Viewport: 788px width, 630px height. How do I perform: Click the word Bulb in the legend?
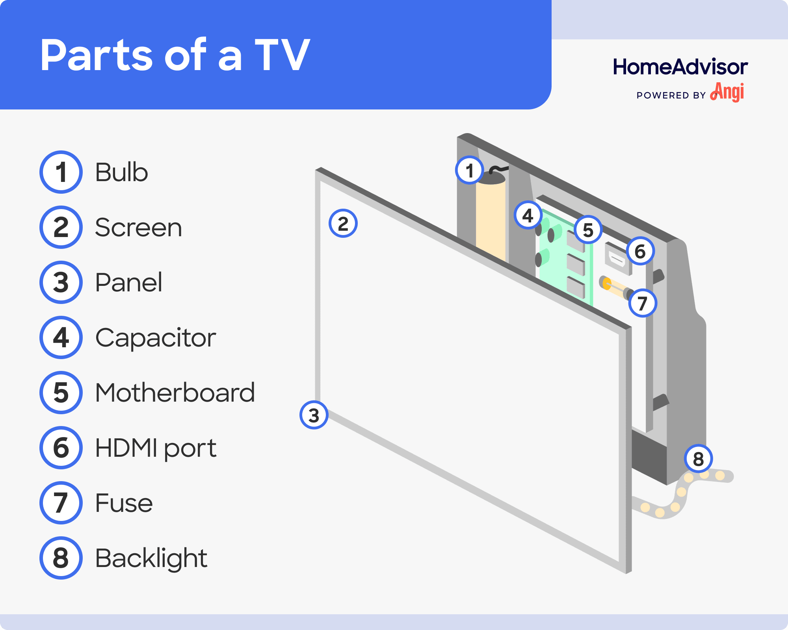pos(121,172)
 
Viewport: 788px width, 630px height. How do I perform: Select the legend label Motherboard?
pos(175,393)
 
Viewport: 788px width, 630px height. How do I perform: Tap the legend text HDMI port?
pos(156,448)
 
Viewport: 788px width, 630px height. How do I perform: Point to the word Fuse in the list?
pos(124,503)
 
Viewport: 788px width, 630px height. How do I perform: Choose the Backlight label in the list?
pos(151,558)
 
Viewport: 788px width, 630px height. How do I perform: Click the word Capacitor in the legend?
pos(155,338)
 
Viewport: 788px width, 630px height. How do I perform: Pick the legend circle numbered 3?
pos(61,282)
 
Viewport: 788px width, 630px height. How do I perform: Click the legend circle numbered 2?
pos(61,227)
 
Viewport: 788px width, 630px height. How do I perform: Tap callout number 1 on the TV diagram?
pos(469,170)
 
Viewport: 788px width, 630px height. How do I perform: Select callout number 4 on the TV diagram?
pos(528,215)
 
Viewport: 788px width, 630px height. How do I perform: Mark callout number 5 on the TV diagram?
pos(588,230)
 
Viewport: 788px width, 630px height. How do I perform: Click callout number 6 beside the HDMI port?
pos(640,251)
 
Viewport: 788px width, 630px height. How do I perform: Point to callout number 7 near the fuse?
pos(643,303)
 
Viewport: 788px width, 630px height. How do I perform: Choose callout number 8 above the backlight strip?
pos(698,459)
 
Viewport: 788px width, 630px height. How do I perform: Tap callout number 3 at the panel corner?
pos(314,415)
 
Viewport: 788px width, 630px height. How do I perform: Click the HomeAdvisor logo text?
pos(680,67)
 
